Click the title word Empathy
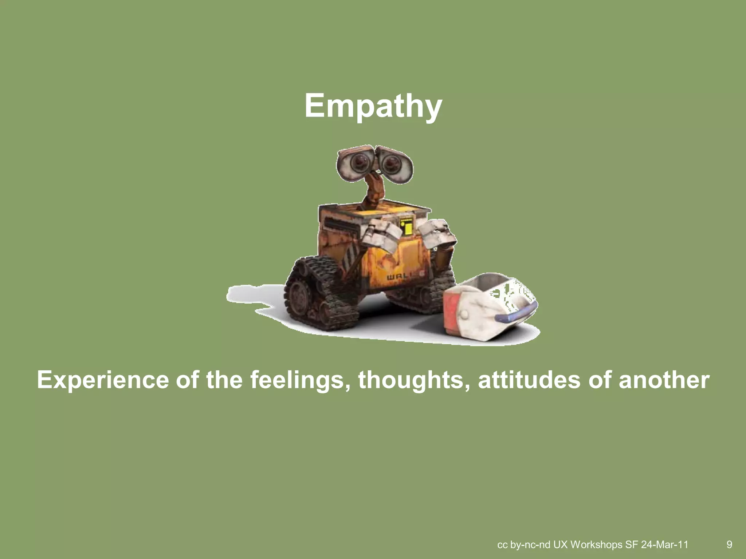coord(373,106)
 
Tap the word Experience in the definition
coord(103,380)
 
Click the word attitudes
coord(529,380)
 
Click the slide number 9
coord(729,544)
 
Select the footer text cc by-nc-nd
coord(523,544)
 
